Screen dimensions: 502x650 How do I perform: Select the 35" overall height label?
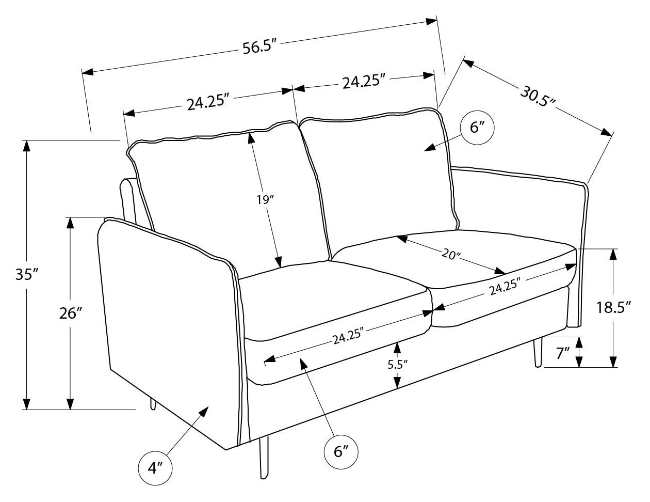[x=27, y=274]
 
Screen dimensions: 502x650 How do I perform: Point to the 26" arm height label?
[x=71, y=313]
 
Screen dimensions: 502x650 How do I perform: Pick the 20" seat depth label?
[x=451, y=254]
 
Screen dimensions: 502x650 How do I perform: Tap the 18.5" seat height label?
[x=614, y=308]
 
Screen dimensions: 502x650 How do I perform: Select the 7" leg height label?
[x=563, y=353]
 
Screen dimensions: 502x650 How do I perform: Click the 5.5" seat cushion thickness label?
[x=397, y=365]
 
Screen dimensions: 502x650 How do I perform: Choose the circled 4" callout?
[x=155, y=468]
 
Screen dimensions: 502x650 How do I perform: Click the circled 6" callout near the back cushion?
[x=478, y=127]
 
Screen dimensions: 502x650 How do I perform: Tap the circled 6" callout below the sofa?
[x=341, y=452]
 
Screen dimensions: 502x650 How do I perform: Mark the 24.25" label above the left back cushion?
[x=208, y=103]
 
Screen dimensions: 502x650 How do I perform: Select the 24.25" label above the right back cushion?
[x=364, y=82]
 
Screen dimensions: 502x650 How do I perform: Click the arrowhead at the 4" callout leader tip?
[x=203, y=411]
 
